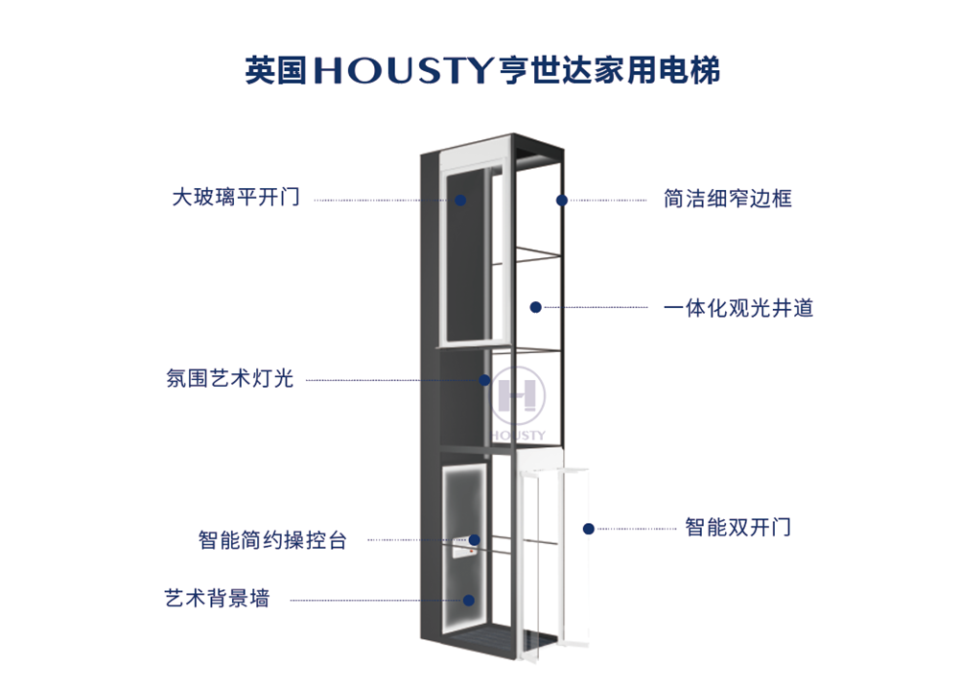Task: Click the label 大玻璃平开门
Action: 236,198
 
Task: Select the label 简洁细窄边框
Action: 728,200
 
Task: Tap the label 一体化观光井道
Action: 738,308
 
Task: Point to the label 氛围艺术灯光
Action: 230,378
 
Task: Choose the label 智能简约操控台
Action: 272,539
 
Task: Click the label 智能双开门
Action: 737,527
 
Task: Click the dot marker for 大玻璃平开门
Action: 460,200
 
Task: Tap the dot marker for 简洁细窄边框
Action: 562,200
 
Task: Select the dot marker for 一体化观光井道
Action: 536,307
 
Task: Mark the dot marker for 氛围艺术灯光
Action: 485,380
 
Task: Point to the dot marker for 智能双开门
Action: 589,528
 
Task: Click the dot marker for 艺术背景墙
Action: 469,600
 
